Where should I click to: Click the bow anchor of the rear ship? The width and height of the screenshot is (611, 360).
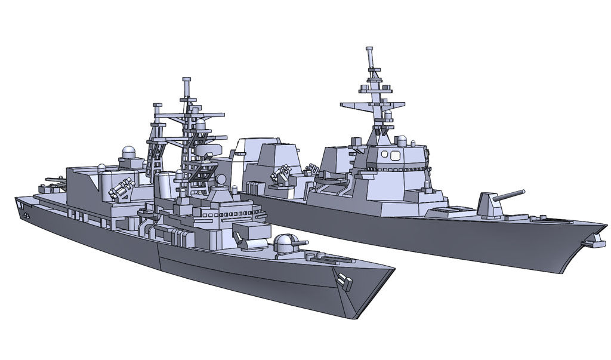(592, 242)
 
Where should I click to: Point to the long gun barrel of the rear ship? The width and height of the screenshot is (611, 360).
(511, 195)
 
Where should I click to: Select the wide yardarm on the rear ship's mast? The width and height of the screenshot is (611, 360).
(364, 107)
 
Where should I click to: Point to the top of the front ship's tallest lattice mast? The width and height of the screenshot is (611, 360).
(187, 81)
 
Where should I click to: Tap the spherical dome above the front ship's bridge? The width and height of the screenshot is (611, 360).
(221, 179)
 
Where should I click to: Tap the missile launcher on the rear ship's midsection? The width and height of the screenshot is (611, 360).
(282, 175)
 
